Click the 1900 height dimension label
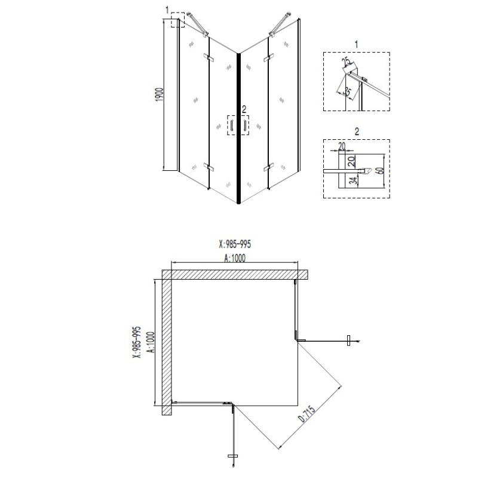click(160, 94)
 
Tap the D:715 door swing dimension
click(307, 413)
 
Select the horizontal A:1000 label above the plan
click(235, 258)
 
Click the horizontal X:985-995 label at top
click(235, 244)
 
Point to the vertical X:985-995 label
click(137, 342)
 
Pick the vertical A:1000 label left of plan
click(151, 342)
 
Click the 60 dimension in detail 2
click(380, 171)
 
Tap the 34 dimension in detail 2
click(353, 180)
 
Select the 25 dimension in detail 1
click(347, 62)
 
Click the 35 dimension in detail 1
click(347, 91)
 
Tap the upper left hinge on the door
click(209, 57)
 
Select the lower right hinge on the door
click(268, 167)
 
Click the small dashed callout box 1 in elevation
click(177, 20)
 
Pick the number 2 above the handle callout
click(244, 109)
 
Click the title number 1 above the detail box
click(356, 44)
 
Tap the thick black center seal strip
click(238, 128)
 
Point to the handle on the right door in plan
click(348, 341)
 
